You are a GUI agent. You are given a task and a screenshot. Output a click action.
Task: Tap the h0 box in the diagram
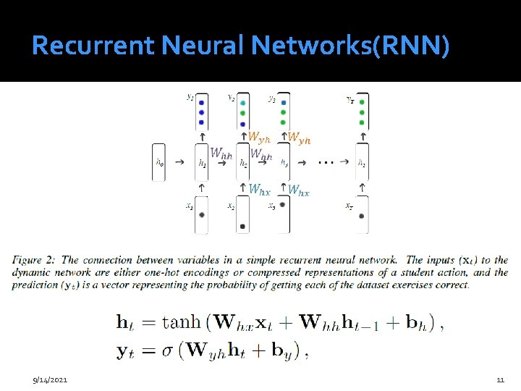click(x=160, y=163)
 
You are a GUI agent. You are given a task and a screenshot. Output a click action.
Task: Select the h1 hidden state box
click(x=202, y=164)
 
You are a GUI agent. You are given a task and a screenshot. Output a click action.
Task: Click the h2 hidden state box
click(x=242, y=164)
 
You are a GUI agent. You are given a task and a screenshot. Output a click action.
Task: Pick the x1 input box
click(x=202, y=215)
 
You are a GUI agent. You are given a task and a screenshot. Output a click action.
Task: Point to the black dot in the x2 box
click(x=242, y=226)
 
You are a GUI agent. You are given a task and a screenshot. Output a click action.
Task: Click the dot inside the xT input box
click(x=361, y=216)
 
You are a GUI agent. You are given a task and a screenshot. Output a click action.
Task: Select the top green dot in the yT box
click(x=361, y=103)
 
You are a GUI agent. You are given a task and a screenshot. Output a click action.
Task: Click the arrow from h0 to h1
click(x=181, y=164)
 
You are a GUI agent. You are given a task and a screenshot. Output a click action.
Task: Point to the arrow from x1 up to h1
click(x=202, y=187)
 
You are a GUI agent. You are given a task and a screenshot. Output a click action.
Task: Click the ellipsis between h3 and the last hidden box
click(x=326, y=162)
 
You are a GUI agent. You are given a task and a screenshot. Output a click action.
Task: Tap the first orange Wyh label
click(x=260, y=136)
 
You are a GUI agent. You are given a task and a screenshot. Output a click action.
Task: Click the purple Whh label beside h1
click(x=221, y=153)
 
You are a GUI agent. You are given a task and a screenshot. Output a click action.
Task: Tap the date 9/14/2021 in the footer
click(x=50, y=379)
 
